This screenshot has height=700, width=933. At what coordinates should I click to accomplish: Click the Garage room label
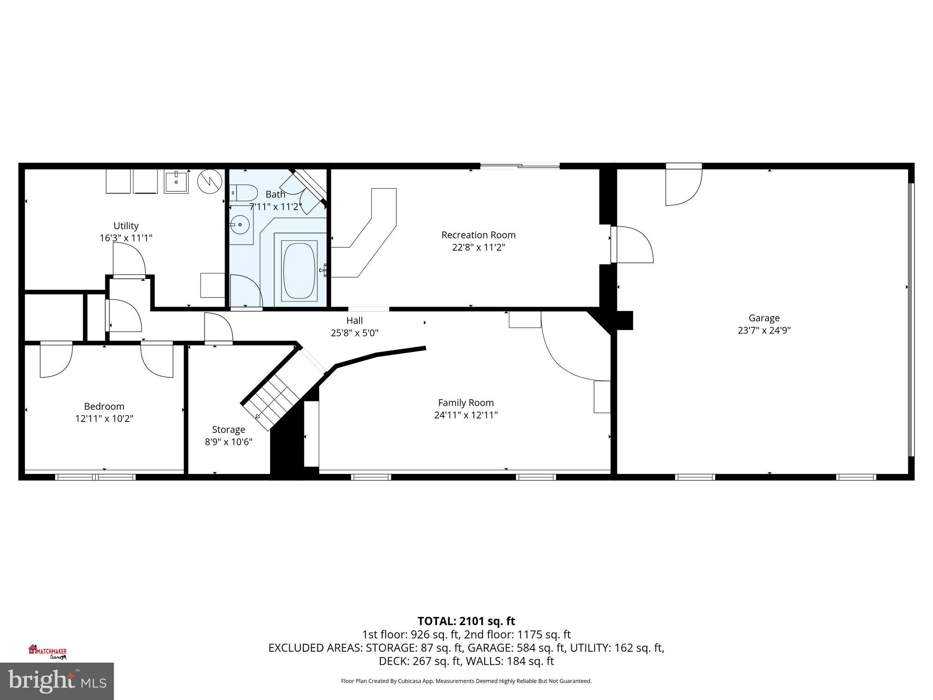coord(764,318)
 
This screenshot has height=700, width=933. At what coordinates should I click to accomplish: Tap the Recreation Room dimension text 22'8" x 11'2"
coord(478,247)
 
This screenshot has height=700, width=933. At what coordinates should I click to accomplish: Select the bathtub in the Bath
coord(299,271)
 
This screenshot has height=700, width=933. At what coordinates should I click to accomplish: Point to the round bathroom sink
coord(240,225)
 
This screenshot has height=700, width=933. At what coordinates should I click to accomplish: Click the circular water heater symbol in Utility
coord(209,181)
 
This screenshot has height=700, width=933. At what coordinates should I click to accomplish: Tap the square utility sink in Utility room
coord(176,181)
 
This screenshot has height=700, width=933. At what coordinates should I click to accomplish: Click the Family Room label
coord(466,403)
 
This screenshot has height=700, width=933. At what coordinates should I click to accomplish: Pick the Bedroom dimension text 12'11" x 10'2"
coord(104,418)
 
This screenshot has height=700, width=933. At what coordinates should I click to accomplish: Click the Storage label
coord(228,430)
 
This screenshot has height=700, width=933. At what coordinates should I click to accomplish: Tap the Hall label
coord(354,321)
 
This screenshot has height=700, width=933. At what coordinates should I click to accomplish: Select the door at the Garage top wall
coord(683,185)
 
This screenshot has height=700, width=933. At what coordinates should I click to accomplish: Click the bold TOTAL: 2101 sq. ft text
coord(466,621)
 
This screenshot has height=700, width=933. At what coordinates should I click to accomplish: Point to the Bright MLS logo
coord(57,681)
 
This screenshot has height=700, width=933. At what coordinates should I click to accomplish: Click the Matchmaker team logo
coord(47,652)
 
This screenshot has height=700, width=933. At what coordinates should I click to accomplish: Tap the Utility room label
coord(126,226)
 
